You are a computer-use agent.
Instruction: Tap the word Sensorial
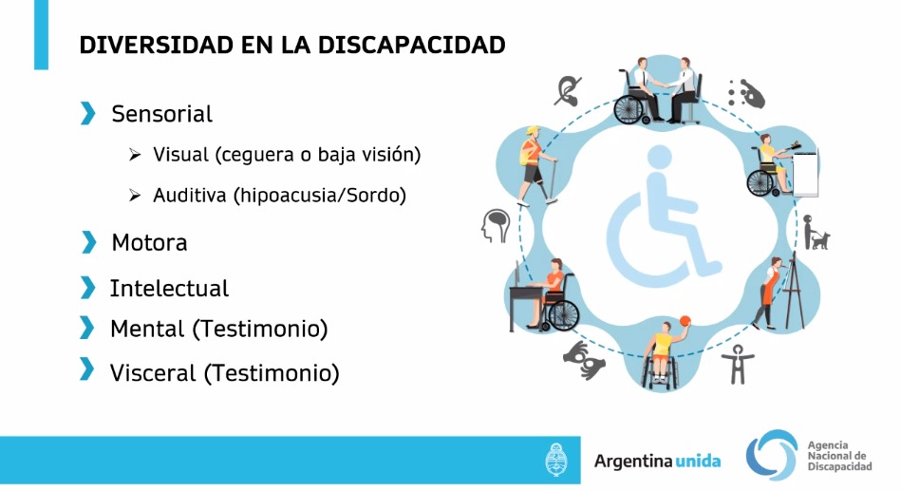click(x=162, y=114)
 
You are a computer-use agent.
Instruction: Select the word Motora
click(x=149, y=242)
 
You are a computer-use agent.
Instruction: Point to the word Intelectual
click(x=170, y=288)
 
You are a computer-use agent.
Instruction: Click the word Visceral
click(x=153, y=373)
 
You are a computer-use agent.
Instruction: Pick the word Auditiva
click(x=190, y=196)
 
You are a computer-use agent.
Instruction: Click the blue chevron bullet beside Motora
click(x=88, y=242)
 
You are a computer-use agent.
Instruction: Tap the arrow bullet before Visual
click(x=135, y=155)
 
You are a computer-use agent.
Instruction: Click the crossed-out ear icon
click(x=568, y=91)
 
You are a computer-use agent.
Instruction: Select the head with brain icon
click(x=496, y=225)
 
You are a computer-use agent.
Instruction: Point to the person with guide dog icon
click(x=816, y=233)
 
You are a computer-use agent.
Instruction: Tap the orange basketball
click(x=685, y=321)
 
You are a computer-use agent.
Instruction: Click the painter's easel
click(x=794, y=291)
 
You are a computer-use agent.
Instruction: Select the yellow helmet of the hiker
click(x=534, y=130)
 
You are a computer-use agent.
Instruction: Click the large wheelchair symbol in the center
click(x=664, y=217)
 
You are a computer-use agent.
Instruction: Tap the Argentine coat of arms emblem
click(x=555, y=460)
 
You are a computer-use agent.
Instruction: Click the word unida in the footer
click(x=698, y=462)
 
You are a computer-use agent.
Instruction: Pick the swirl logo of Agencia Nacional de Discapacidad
click(x=772, y=455)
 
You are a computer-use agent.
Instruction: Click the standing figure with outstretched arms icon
click(x=738, y=365)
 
